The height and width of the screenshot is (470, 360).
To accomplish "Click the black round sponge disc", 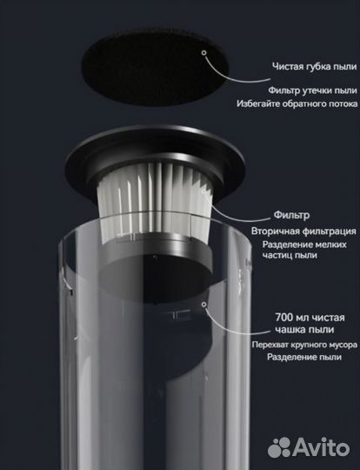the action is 155,67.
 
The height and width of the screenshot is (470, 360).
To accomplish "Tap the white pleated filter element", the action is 156,201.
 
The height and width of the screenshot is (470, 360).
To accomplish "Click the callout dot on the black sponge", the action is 204,53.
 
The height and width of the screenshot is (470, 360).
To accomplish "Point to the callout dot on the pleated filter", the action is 204,191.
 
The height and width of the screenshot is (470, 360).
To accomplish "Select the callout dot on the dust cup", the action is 204,305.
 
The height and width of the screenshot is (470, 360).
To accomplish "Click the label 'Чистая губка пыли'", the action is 315,66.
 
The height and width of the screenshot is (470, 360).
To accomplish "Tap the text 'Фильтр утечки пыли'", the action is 312,91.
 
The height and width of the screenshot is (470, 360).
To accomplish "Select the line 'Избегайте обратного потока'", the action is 297,104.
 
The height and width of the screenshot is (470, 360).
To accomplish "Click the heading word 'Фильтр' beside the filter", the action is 291,215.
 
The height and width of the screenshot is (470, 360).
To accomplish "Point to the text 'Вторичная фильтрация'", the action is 303,232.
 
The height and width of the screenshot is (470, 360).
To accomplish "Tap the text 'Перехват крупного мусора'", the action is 304,345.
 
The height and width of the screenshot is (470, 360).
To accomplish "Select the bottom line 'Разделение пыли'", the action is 304,357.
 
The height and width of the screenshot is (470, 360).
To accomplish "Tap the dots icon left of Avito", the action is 279,447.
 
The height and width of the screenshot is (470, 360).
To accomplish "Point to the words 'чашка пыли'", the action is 304,330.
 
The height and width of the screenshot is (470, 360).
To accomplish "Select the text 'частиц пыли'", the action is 290,255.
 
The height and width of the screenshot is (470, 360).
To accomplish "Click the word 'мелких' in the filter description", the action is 330,245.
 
